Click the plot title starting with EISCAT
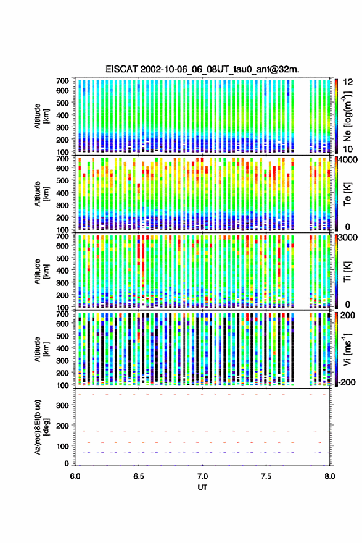[203, 69]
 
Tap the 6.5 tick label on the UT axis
[139, 476]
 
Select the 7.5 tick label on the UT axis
[266, 476]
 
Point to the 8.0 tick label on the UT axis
[329, 476]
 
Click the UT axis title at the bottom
[202, 487]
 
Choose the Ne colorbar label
[348, 116]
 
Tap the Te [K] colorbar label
[348, 194]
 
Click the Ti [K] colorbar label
[348, 272]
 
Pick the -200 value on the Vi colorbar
[346, 382]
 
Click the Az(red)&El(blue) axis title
[41, 427]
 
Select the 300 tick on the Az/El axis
[63, 405]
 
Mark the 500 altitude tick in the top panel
[62, 103]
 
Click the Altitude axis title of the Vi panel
[41, 349]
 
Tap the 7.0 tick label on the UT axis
[202, 476]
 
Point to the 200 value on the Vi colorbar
[347, 315]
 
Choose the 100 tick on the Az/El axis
[63, 446]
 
